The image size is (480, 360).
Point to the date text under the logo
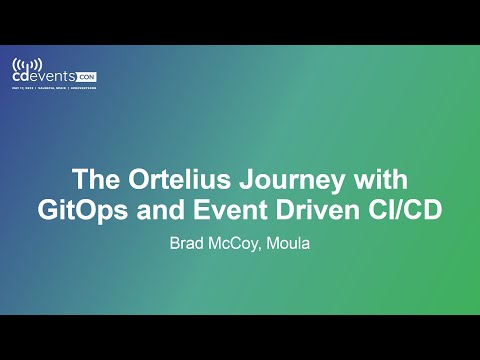click(23, 89)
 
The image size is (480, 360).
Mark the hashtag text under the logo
click(82, 89)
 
